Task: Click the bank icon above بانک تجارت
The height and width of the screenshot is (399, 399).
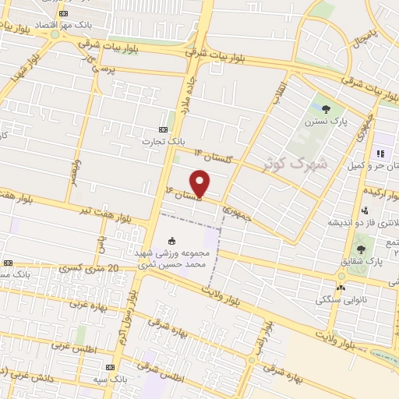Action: click(x=162, y=129)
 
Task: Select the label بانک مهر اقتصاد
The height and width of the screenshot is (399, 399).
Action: click(x=70, y=24)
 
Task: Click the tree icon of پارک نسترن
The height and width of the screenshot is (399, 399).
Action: click(x=326, y=108)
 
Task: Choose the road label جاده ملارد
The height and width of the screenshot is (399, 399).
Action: click(x=187, y=97)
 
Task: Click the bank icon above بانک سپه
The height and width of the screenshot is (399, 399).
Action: click(x=110, y=367)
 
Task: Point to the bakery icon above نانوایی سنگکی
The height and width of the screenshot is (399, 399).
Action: click(x=341, y=286)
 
